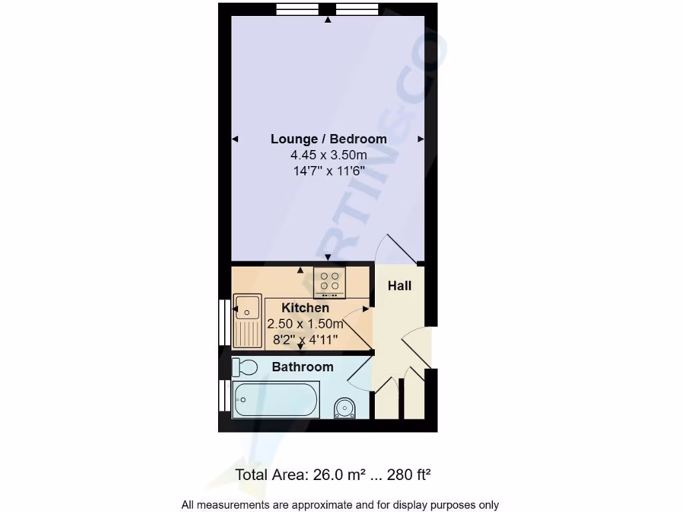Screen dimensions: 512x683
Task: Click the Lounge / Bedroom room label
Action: (328, 139)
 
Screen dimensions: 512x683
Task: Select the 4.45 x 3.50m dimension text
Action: (328, 155)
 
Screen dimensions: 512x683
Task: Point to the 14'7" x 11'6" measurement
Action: (328, 170)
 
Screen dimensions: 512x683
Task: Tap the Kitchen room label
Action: (305, 307)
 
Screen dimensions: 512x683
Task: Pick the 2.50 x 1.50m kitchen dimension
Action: (305, 324)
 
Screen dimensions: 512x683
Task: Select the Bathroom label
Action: (302, 367)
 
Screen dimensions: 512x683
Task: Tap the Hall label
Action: (400, 285)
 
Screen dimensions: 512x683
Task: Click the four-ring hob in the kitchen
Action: (329, 282)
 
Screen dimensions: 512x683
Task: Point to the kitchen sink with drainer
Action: (247, 320)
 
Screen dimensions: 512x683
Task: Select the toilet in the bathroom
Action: (245, 367)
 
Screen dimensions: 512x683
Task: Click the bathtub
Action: (275, 400)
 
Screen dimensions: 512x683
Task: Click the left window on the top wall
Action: (297, 9)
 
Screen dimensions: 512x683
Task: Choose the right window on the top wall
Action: (357, 9)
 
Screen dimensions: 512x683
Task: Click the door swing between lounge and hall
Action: (398, 249)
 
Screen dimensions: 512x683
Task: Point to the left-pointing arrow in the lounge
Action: (235, 139)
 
